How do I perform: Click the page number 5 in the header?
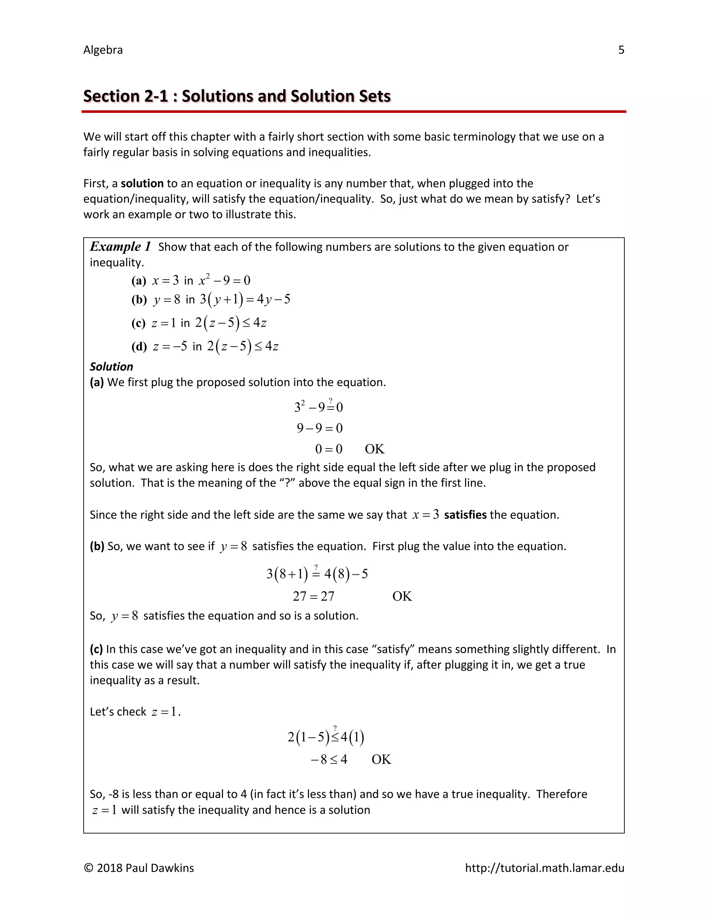tap(621, 50)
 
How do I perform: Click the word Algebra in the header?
tap(103, 50)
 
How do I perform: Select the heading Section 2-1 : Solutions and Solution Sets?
tap(237, 96)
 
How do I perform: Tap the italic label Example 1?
tap(120, 246)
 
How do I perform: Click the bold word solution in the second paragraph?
tap(142, 183)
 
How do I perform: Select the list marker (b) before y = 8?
tap(139, 300)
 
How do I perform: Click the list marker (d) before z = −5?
tap(139, 347)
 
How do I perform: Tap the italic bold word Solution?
tap(111, 366)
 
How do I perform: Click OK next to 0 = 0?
tap(374, 449)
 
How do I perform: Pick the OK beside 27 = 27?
tap(402, 596)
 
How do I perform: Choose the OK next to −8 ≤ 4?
tap(381, 760)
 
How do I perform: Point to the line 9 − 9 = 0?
tap(320, 428)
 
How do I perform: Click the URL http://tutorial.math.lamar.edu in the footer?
tap(544, 868)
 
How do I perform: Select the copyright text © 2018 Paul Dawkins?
tap(139, 868)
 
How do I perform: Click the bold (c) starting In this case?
tap(96, 650)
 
